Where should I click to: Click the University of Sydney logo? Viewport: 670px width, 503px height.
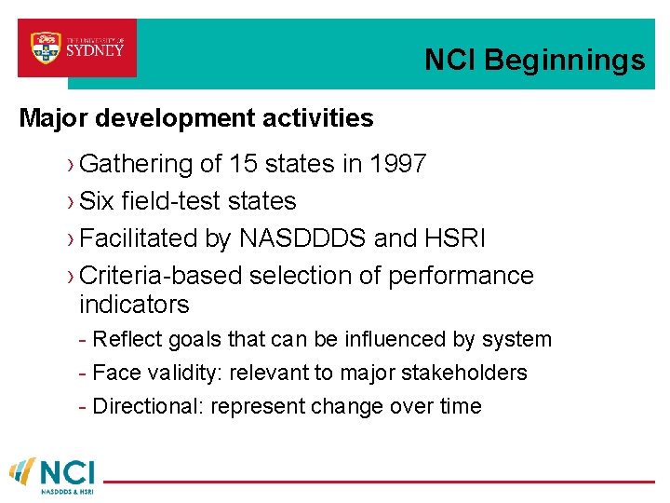click(x=77, y=48)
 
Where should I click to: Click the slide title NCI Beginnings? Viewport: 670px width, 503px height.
click(x=534, y=61)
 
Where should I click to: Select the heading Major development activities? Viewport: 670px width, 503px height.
click(x=196, y=118)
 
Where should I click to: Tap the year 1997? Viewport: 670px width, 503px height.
click(x=397, y=165)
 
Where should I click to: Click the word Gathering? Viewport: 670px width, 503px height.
click(x=136, y=165)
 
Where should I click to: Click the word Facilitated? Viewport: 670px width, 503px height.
click(x=139, y=238)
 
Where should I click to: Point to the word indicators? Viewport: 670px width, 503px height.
click(x=134, y=305)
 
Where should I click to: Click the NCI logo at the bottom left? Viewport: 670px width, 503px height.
click(x=52, y=473)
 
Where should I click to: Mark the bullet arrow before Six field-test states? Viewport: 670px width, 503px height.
click(x=72, y=202)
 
